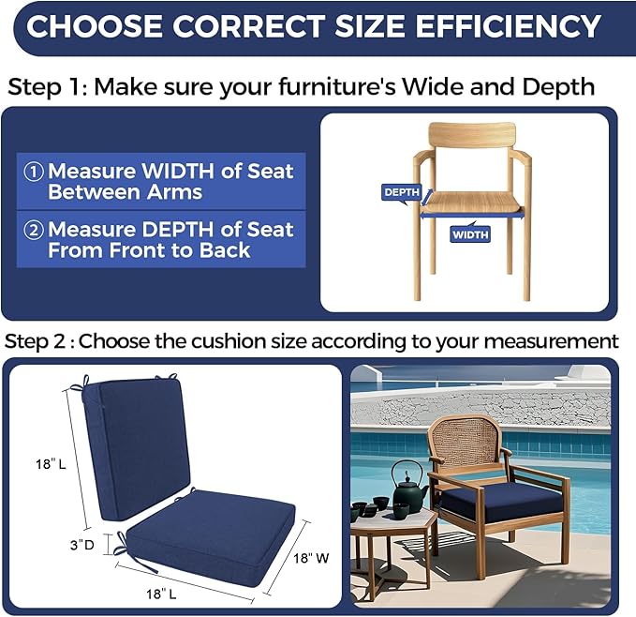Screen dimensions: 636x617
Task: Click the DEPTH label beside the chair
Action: coord(402,192)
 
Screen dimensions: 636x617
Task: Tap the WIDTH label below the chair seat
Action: coord(470,234)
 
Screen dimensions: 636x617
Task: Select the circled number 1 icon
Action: coord(34,172)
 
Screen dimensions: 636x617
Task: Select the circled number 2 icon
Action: coord(34,230)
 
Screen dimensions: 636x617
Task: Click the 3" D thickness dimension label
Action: coord(81,545)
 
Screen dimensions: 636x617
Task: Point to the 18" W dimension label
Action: coord(311,558)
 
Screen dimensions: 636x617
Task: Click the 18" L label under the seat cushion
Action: coord(161,594)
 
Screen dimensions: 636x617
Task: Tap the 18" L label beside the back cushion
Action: coord(51,464)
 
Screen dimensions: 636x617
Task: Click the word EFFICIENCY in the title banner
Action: coord(509,26)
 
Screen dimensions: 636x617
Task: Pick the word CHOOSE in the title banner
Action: coord(95,26)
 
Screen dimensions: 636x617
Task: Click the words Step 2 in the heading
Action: coord(35,341)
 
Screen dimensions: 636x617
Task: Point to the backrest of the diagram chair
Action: coord(472,135)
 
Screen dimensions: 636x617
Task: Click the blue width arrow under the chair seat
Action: coord(472,216)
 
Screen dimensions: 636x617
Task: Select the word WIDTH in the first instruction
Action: coord(177,172)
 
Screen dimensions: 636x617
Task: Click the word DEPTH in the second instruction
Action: coord(177,230)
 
